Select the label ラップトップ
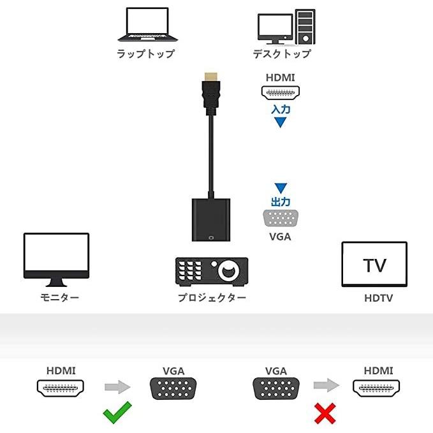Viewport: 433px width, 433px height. pyautogui.click(x=145, y=54)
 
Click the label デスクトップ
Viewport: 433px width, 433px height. pyautogui.click(x=281, y=54)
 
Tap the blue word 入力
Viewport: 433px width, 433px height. pyautogui.click(x=281, y=109)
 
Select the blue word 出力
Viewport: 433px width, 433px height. pyautogui.click(x=281, y=202)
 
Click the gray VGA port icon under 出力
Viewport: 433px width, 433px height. pyautogui.click(x=281, y=219)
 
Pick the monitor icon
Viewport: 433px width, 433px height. pyautogui.click(x=56, y=259)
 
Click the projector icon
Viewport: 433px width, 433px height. pyautogui.click(x=211, y=270)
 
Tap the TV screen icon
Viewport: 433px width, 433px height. pyautogui.click(x=374, y=264)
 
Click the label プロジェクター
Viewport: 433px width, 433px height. pyautogui.click(x=212, y=298)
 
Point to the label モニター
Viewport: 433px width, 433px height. pyautogui.click(x=59, y=298)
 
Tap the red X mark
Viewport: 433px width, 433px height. pyautogui.click(x=325, y=415)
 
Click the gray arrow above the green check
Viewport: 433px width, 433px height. pyautogui.click(x=117, y=386)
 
